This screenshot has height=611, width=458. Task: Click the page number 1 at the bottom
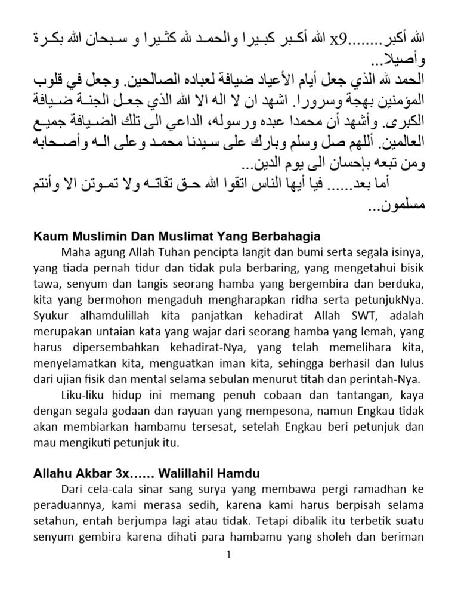[x=228, y=555]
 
